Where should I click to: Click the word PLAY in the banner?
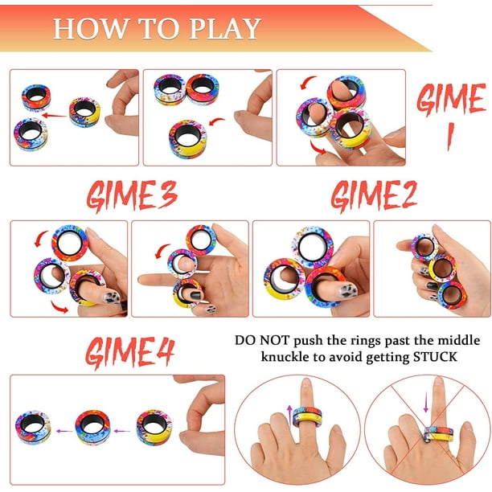coord(225,29)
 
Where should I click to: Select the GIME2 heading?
coord(374,195)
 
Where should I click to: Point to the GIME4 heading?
coord(130,352)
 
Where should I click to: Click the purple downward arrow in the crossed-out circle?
coord(426,403)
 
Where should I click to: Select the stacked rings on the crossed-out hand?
coord(439,433)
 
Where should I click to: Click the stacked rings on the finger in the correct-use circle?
coord(307,416)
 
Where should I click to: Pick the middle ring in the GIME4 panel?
coord(92,428)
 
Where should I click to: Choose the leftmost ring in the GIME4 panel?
coord(33,428)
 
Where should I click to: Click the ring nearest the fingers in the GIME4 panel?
coord(154,428)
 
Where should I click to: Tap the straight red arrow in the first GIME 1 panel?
coord(55,116)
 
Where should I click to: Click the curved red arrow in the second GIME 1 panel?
coord(217,121)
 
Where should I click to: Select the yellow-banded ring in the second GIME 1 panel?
coord(187,139)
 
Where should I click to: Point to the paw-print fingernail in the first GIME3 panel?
coord(113,297)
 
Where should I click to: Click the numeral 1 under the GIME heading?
coord(450,137)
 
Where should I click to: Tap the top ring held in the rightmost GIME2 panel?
coord(424,248)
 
